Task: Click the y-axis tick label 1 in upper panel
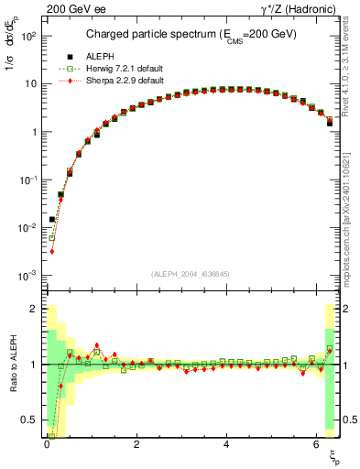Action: coord(35,132)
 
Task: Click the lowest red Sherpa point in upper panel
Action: coord(52,251)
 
